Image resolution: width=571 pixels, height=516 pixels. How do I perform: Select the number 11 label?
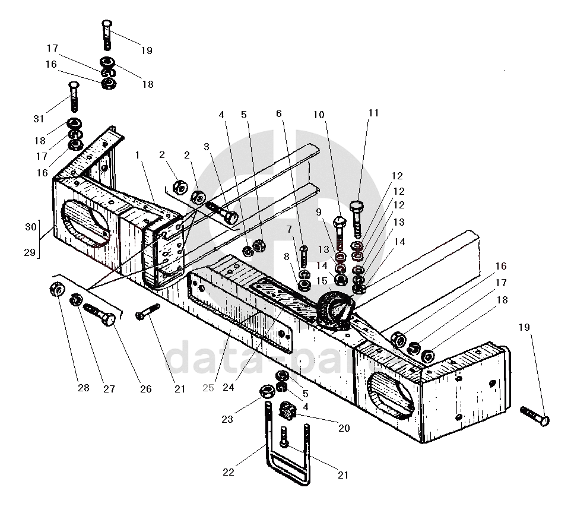(373, 113)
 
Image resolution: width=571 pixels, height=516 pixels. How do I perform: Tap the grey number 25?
(208, 388)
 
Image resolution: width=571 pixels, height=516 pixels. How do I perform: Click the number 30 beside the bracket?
(30, 226)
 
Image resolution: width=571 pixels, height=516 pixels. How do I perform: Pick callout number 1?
(137, 155)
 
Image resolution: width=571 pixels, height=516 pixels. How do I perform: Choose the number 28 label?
(83, 388)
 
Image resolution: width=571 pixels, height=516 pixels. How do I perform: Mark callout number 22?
(229, 473)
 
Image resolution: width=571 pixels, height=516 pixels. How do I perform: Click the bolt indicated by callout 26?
(100, 314)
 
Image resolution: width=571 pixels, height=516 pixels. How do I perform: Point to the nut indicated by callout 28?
(57, 291)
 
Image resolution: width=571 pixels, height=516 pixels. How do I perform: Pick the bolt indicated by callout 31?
(73, 96)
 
